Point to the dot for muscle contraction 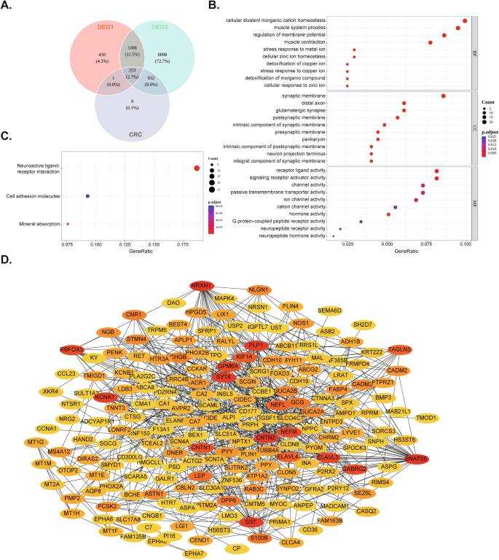pos(431,42)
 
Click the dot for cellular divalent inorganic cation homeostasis pos(465,20)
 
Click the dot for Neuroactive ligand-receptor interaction pos(197,168)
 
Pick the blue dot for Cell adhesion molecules pos(87,196)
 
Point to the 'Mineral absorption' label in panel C pos(34,224)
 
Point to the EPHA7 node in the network pos(193,553)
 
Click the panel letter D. pos(7,260)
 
